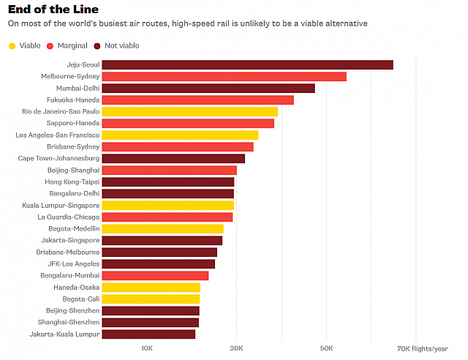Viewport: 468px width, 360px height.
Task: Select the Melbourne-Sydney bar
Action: point(224,76)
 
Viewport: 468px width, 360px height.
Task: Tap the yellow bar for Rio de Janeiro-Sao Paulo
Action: point(189,111)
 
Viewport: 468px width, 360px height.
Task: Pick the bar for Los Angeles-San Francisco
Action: point(180,135)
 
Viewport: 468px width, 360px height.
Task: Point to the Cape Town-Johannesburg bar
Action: point(173,158)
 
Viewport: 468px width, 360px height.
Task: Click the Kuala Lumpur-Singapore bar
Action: point(167,205)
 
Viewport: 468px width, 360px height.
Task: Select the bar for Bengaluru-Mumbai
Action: point(155,275)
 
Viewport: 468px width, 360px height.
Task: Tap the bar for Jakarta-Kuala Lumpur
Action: point(148,334)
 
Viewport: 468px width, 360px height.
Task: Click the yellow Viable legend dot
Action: point(12,45)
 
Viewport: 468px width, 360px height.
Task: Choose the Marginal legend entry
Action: point(67,45)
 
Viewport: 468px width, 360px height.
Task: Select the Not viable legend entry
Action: point(117,45)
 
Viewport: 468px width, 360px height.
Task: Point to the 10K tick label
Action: point(147,348)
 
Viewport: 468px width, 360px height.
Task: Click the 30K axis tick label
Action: point(236,348)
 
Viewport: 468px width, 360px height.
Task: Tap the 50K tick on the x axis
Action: point(326,348)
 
